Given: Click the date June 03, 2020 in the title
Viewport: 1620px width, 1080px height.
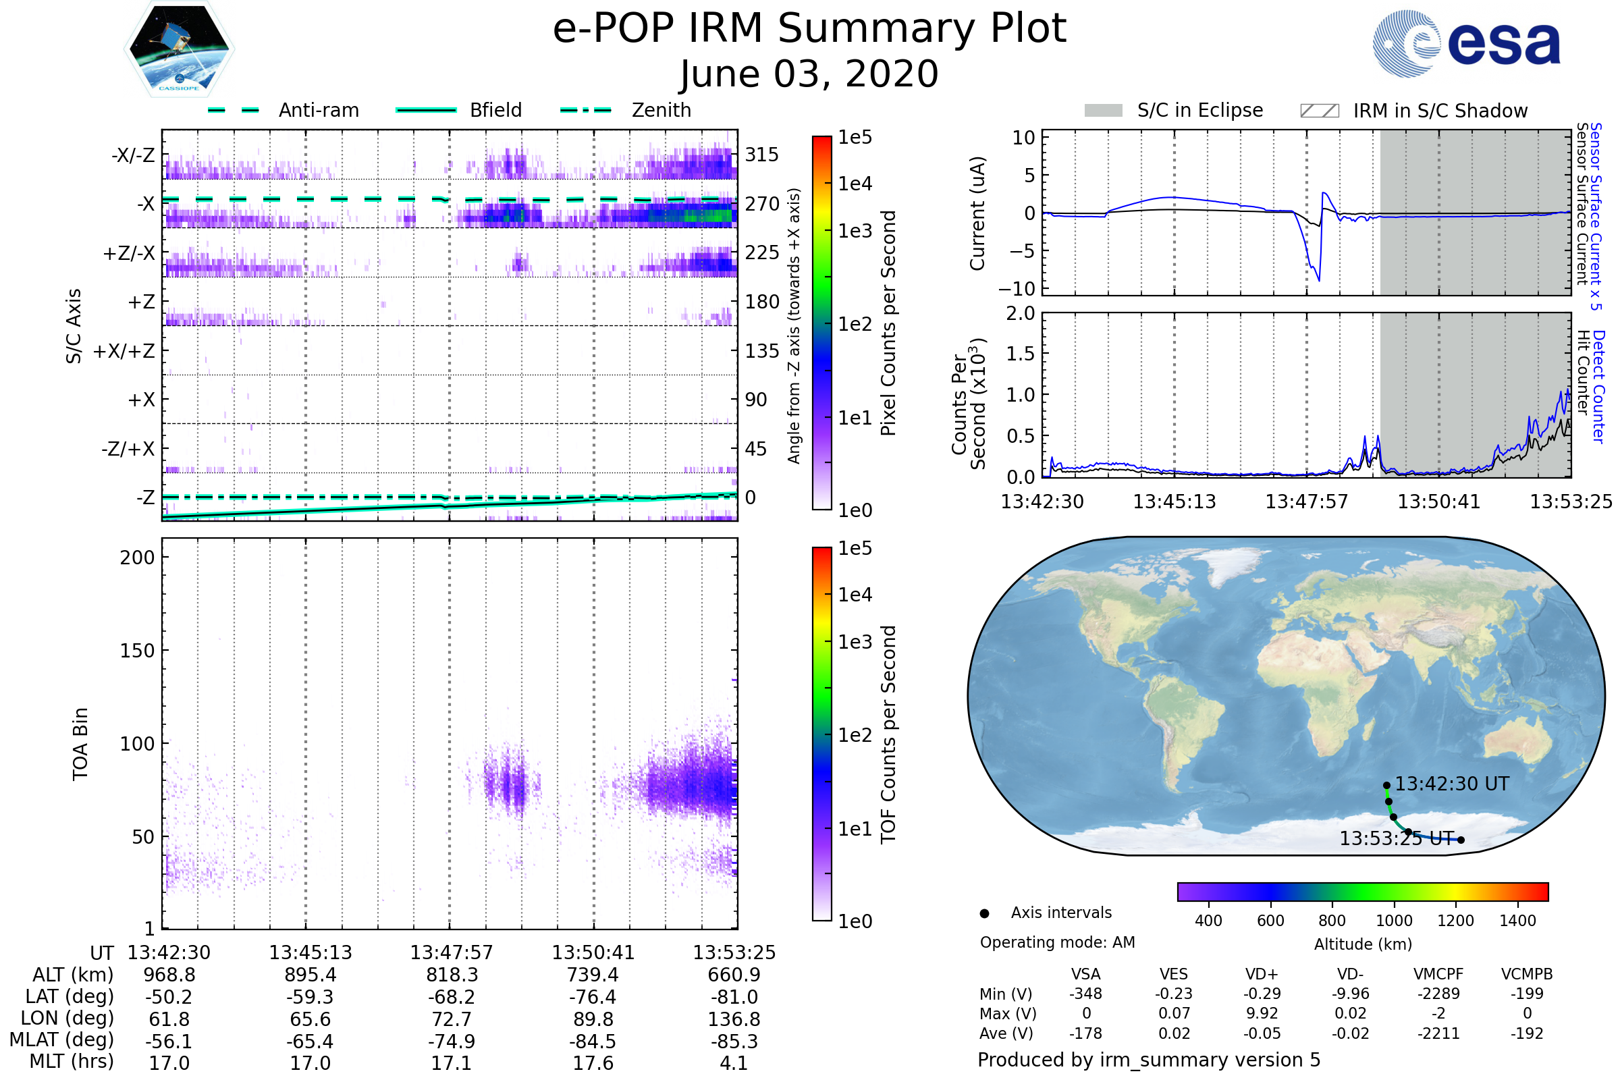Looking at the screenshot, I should (809, 74).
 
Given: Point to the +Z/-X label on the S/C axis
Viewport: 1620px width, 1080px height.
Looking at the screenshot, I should (129, 254).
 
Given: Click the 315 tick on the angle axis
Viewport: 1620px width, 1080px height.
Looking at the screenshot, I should (762, 155).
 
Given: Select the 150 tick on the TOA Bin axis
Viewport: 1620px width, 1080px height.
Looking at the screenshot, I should (137, 651).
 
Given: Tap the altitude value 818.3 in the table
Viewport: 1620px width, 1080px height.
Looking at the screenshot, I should (451, 975).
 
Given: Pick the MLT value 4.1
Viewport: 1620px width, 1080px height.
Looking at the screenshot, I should (734, 1062).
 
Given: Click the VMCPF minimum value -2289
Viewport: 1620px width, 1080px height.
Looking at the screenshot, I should (1438, 994).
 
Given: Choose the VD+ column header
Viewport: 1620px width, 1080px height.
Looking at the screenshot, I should (1262, 974).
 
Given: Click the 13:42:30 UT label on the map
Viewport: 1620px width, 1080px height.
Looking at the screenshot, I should (1452, 784).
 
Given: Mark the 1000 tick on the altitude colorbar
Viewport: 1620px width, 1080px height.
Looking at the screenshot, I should (1394, 921).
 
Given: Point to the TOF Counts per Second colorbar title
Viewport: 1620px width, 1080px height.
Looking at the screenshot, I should (888, 734).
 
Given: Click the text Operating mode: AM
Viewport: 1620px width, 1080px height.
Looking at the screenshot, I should (1057, 942).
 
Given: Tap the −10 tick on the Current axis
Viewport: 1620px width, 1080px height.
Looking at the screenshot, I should (1017, 289).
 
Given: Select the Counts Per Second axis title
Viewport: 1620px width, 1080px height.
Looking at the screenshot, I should (969, 404).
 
